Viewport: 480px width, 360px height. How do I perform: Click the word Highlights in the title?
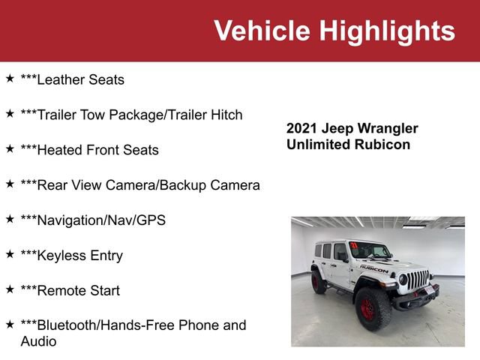click(386, 31)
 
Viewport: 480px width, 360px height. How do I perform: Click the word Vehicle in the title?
click(262, 31)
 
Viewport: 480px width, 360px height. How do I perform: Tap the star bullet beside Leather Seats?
click(10, 78)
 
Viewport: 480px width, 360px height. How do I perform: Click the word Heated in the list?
click(58, 150)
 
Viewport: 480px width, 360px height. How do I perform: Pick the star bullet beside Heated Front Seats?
click(10, 148)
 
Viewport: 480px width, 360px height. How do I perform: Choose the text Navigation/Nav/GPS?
click(93, 220)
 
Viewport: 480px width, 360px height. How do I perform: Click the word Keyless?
click(61, 256)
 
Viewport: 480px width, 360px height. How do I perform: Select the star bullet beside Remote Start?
click(10, 289)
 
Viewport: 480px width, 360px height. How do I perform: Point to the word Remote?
click(60, 290)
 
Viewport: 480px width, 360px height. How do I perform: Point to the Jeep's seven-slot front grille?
click(418, 280)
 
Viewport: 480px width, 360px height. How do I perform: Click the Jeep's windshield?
click(370, 251)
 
